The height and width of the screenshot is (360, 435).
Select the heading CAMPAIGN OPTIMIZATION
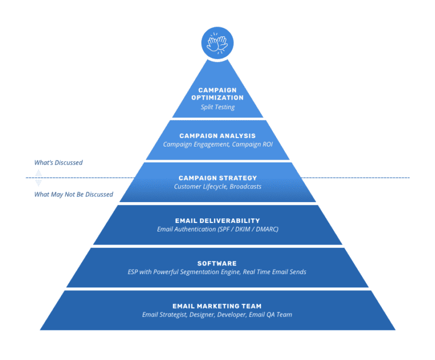[217, 93]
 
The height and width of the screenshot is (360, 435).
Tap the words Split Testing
[217, 107]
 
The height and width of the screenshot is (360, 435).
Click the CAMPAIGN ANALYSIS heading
[217, 136]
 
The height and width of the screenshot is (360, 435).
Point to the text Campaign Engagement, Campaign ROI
[217, 144]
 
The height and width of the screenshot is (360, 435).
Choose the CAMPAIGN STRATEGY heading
[217, 178]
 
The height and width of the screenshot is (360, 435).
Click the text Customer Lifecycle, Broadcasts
[217, 187]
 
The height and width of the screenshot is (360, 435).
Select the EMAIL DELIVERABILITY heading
[217, 221]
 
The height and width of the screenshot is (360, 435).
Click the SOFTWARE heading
[217, 263]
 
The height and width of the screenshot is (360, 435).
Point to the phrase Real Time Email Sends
[275, 272]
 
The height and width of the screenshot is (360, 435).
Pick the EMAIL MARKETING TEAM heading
[217, 306]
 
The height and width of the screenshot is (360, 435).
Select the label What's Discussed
[58, 162]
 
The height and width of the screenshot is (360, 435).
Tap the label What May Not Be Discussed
[74, 195]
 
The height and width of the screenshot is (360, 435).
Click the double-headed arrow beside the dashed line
[39, 178]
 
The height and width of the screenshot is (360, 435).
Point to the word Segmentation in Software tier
[194, 272]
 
